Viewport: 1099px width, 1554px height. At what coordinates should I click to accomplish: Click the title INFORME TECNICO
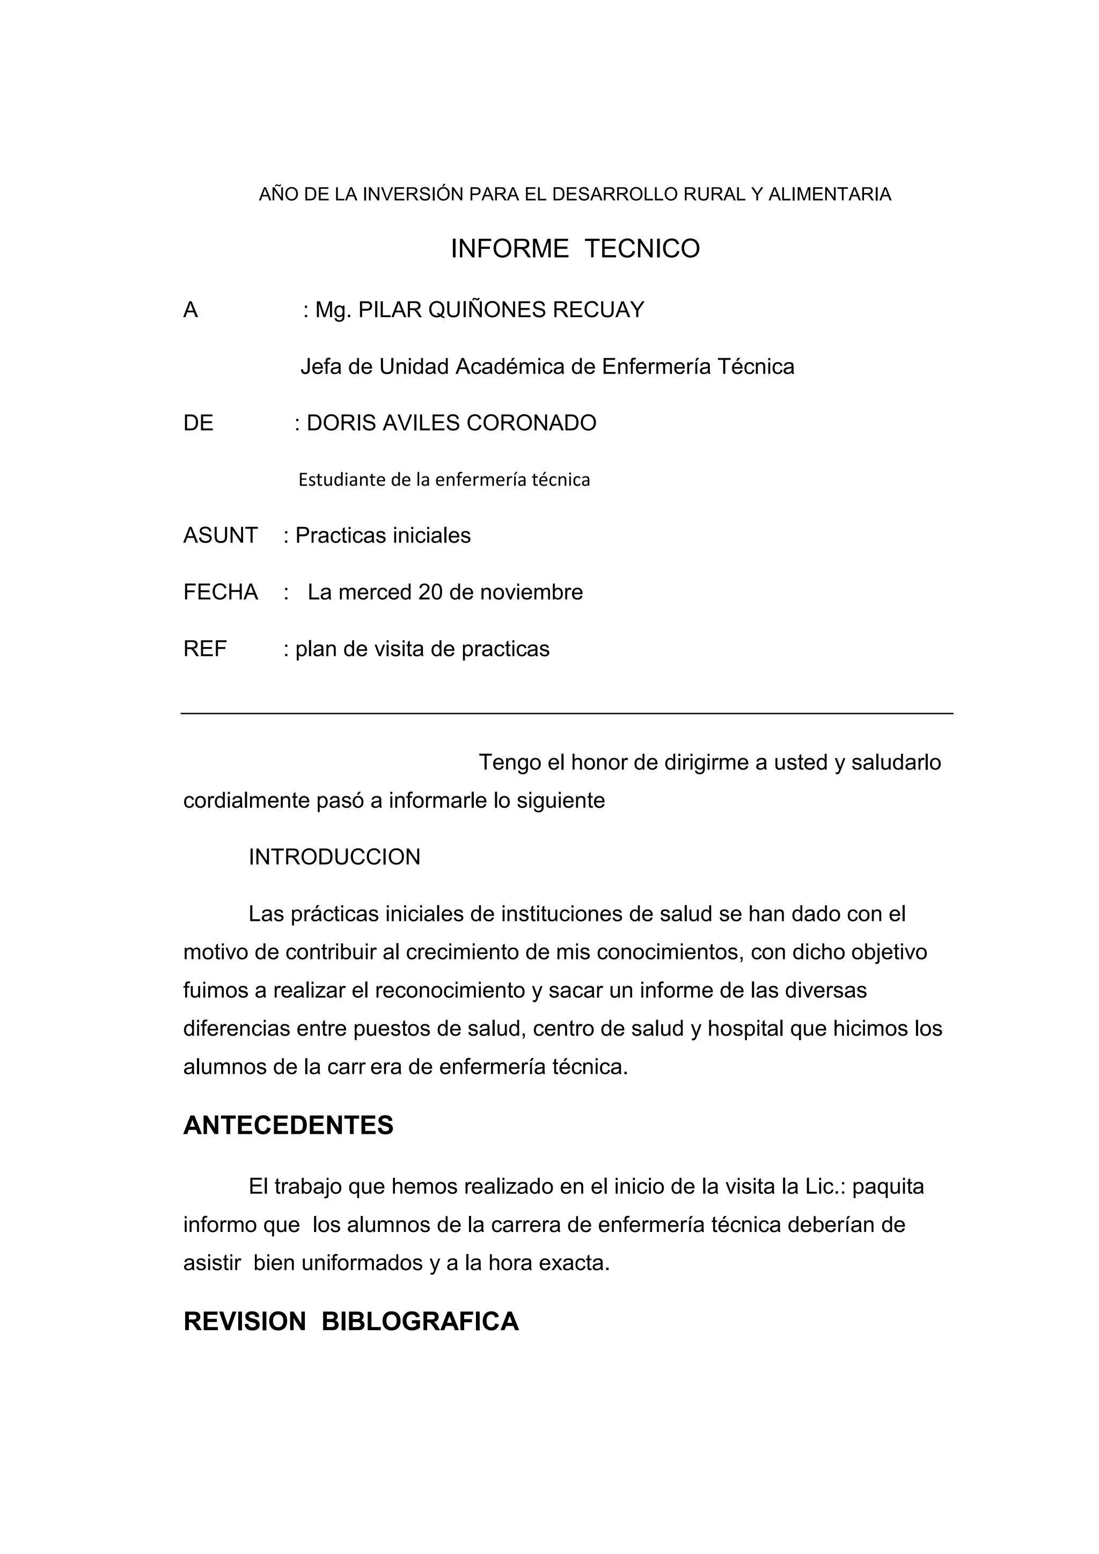pos(575,249)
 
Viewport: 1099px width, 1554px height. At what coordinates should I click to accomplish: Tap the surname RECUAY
pos(598,310)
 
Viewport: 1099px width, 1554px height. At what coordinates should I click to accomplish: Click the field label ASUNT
pos(220,536)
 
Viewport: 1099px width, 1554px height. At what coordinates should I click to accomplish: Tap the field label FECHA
pos(220,592)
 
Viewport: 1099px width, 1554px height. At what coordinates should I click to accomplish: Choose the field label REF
pos(205,649)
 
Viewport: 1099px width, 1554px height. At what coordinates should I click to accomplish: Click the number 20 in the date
pos(430,592)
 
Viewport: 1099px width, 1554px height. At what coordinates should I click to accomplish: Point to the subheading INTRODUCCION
pos(334,857)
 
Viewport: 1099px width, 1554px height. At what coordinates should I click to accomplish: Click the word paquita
pos(888,1186)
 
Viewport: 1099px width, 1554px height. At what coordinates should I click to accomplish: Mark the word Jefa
pos(321,367)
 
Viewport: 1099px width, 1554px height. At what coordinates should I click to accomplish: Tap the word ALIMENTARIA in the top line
pos(830,195)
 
